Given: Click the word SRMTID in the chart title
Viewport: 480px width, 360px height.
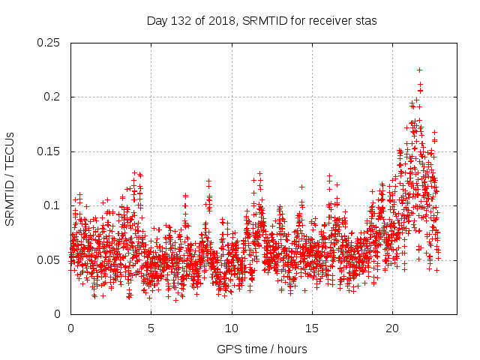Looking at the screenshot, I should click(255, 21).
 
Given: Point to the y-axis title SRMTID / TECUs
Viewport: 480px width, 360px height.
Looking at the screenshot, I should click(10, 178).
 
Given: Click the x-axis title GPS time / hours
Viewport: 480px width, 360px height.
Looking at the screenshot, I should click(262, 349).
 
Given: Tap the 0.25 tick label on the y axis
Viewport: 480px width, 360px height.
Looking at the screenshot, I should click(49, 43).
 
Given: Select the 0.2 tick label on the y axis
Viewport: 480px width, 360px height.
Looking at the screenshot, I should click(52, 97).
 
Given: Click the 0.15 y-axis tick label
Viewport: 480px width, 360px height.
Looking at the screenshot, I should click(49, 151).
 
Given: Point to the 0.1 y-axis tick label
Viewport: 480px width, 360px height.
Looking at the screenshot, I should click(52, 205).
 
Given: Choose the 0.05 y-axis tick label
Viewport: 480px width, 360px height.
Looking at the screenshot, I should click(49, 260).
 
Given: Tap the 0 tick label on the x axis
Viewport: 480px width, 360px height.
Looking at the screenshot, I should click(70, 328).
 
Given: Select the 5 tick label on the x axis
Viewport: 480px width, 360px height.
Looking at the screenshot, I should click(151, 328).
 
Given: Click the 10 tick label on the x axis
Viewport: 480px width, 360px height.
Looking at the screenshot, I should click(232, 328).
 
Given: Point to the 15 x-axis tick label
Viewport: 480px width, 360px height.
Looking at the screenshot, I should click(312, 328).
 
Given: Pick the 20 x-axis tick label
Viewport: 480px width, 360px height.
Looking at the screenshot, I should click(392, 328).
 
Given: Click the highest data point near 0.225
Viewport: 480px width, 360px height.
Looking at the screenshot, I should click(419, 70).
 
